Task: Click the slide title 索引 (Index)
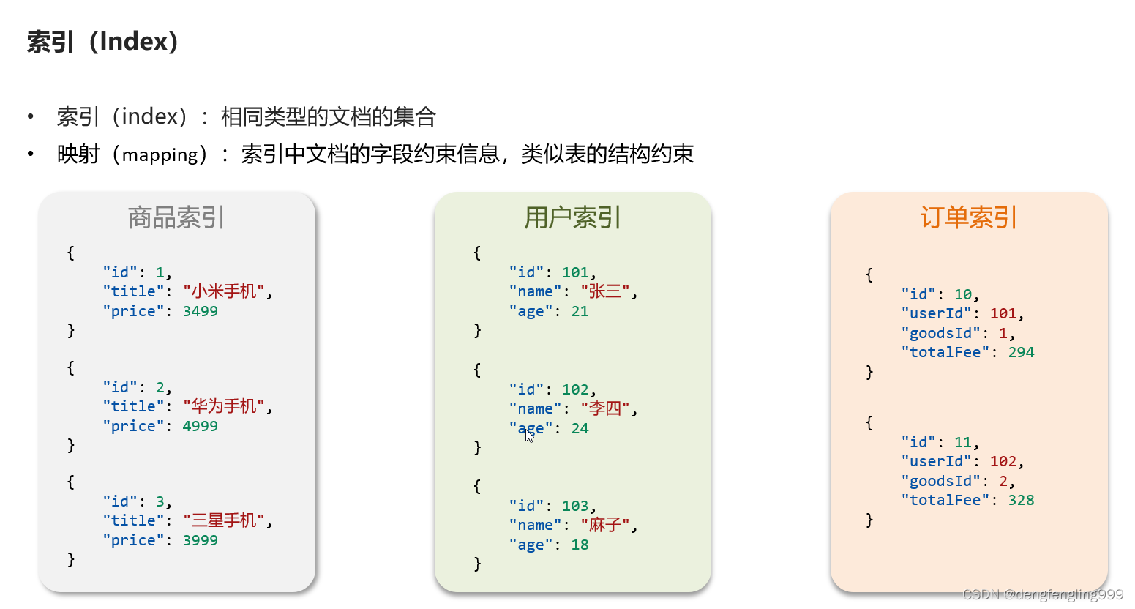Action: point(102,42)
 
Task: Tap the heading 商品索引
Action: point(176,217)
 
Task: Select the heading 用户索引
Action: point(572,217)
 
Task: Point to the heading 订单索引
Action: point(968,217)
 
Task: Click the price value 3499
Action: point(200,311)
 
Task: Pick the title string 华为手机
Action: point(224,406)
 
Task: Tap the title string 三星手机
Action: point(224,520)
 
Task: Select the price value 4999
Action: point(200,426)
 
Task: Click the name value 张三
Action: point(605,291)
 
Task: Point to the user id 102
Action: point(575,389)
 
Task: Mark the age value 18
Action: point(580,545)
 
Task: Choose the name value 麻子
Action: point(605,525)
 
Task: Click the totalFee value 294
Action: point(1021,352)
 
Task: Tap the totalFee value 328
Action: point(1021,500)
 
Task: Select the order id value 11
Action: point(962,442)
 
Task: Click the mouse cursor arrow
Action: point(529,435)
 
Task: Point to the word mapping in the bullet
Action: point(160,155)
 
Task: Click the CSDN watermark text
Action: point(1043,594)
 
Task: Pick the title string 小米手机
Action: point(224,291)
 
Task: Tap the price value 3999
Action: point(200,540)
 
